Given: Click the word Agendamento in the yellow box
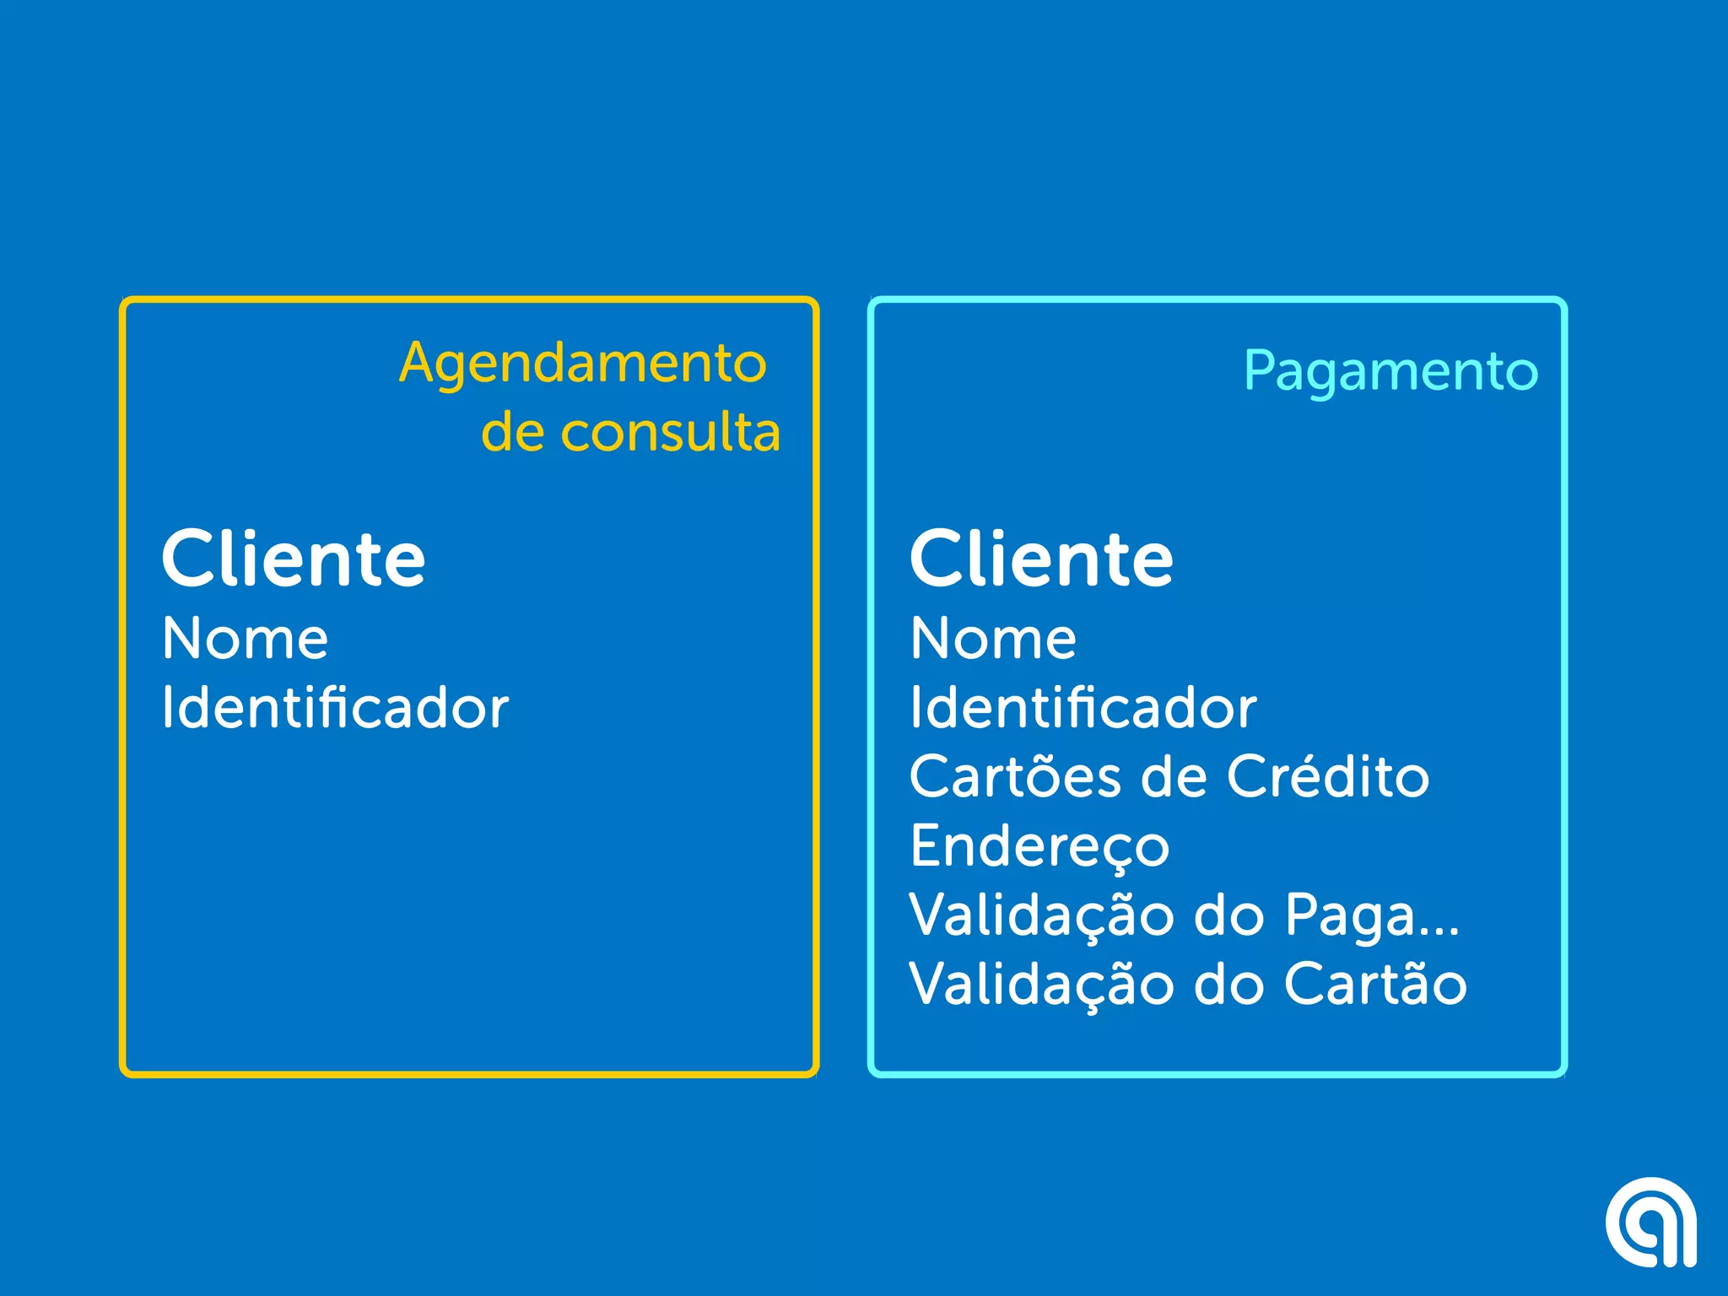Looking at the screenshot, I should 583,364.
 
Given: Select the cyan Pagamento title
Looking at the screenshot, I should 1390,371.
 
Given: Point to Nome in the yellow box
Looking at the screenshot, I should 245,639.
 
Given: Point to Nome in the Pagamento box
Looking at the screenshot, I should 993,639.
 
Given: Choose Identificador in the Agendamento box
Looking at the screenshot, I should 335,707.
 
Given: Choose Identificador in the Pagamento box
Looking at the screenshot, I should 1083,707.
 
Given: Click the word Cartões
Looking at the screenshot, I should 1015,776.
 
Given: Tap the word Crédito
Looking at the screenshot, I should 1327,776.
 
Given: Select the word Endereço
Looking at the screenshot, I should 1039,846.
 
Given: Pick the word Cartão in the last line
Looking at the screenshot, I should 1375,984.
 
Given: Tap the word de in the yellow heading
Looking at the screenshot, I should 512,433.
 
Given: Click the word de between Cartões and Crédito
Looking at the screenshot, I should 1174,776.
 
